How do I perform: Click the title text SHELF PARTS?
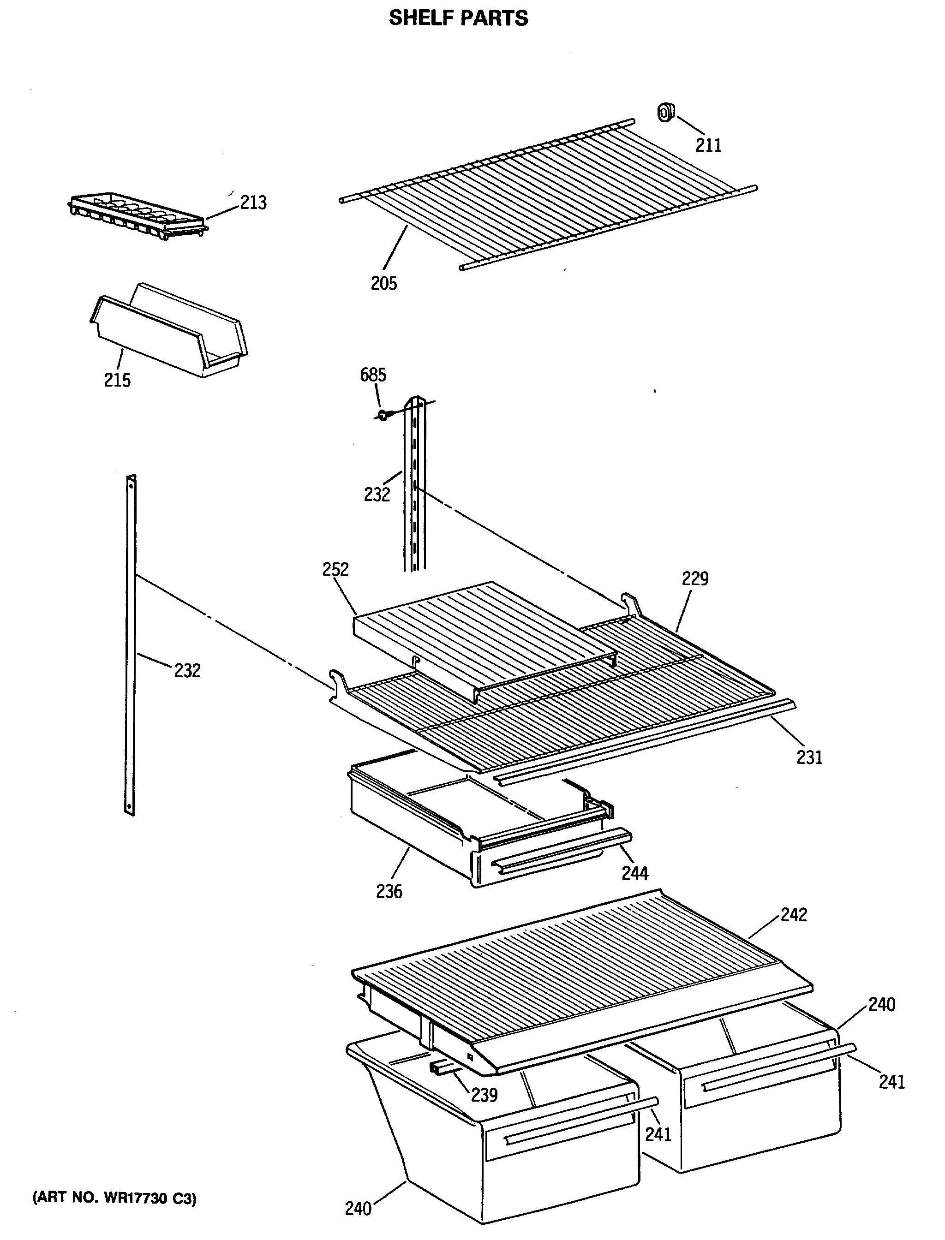[459, 18]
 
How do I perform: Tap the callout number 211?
[708, 146]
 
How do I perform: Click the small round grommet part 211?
[666, 113]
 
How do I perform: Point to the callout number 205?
[383, 283]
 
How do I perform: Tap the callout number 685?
[373, 375]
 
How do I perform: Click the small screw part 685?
[383, 416]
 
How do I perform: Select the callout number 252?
[335, 569]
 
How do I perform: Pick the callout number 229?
[695, 578]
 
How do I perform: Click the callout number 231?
[809, 757]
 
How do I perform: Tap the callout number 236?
[389, 891]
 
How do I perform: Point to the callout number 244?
[634, 873]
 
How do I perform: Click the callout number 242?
[793, 915]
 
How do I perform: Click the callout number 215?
[117, 381]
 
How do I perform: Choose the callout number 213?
[253, 203]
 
